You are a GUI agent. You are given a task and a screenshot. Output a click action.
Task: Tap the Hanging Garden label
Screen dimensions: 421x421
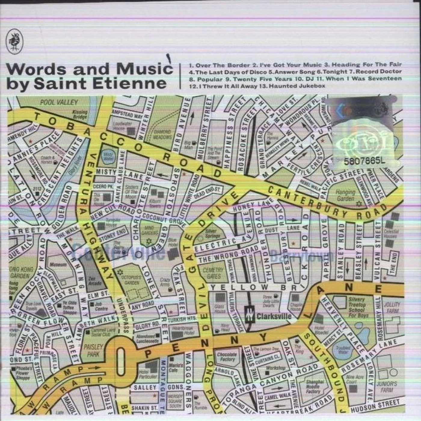[x=345, y=195]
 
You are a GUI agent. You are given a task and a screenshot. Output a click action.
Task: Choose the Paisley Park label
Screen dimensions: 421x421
[x=93, y=350]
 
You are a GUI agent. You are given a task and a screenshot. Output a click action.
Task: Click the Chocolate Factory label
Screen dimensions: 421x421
[x=227, y=357]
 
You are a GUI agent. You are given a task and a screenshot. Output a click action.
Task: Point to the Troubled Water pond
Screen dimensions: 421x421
[x=343, y=350]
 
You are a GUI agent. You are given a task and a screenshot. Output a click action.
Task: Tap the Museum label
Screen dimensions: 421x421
[x=58, y=265]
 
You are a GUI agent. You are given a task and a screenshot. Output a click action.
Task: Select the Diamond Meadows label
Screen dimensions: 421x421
[x=162, y=134]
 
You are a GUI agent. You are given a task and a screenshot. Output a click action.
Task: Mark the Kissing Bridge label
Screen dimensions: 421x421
[x=80, y=114]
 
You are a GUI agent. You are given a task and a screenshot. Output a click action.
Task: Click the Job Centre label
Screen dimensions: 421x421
[x=101, y=306]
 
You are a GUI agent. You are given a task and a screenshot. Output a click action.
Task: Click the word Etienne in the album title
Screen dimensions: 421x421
[x=130, y=83]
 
